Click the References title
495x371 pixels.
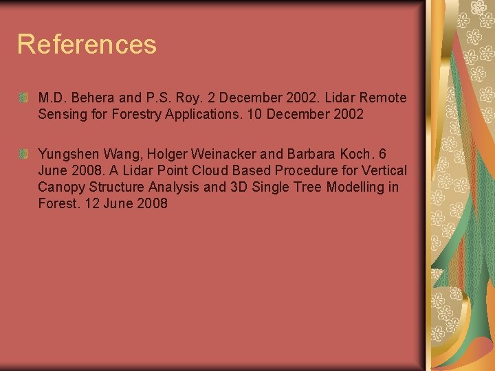click(87, 44)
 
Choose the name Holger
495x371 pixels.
click(168, 153)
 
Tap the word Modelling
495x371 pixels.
click(350, 187)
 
